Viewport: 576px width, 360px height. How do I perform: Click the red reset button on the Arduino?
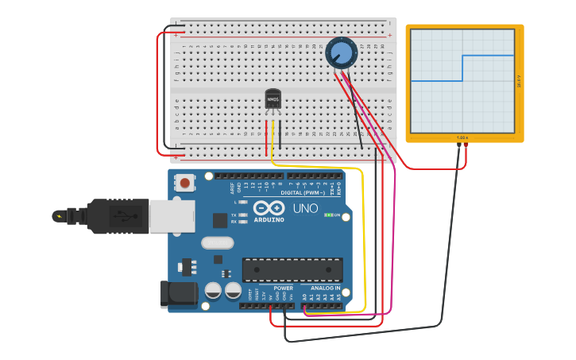[185, 183]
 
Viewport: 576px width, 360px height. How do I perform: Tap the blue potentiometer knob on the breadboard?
[341, 52]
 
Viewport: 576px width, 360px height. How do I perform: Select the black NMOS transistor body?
[273, 99]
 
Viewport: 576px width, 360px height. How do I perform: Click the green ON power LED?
[327, 215]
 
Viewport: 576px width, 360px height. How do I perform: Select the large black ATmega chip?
[292, 269]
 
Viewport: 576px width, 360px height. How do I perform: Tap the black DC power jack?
[178, 293]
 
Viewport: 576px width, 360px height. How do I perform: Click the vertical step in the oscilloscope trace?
[462, 68]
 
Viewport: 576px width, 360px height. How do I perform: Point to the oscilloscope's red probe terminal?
[466, 145]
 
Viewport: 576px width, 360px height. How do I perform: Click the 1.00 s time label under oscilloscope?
[462, 138]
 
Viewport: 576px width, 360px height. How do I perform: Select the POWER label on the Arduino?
[283, 288]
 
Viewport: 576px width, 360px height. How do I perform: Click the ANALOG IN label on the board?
[325, 288]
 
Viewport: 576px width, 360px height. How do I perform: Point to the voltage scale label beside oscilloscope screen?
[519, 81]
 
